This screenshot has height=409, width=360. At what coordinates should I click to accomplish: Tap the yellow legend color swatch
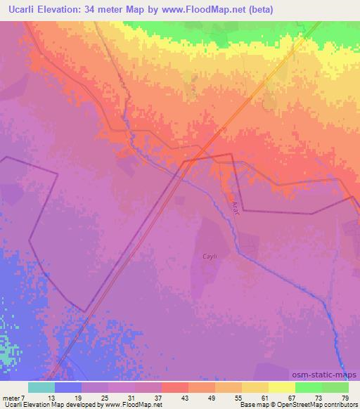tap(281, 387)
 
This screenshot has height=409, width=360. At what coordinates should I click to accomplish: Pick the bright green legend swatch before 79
tap(308, 387)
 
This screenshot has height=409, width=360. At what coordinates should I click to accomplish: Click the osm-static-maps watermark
tap(329, 375)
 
